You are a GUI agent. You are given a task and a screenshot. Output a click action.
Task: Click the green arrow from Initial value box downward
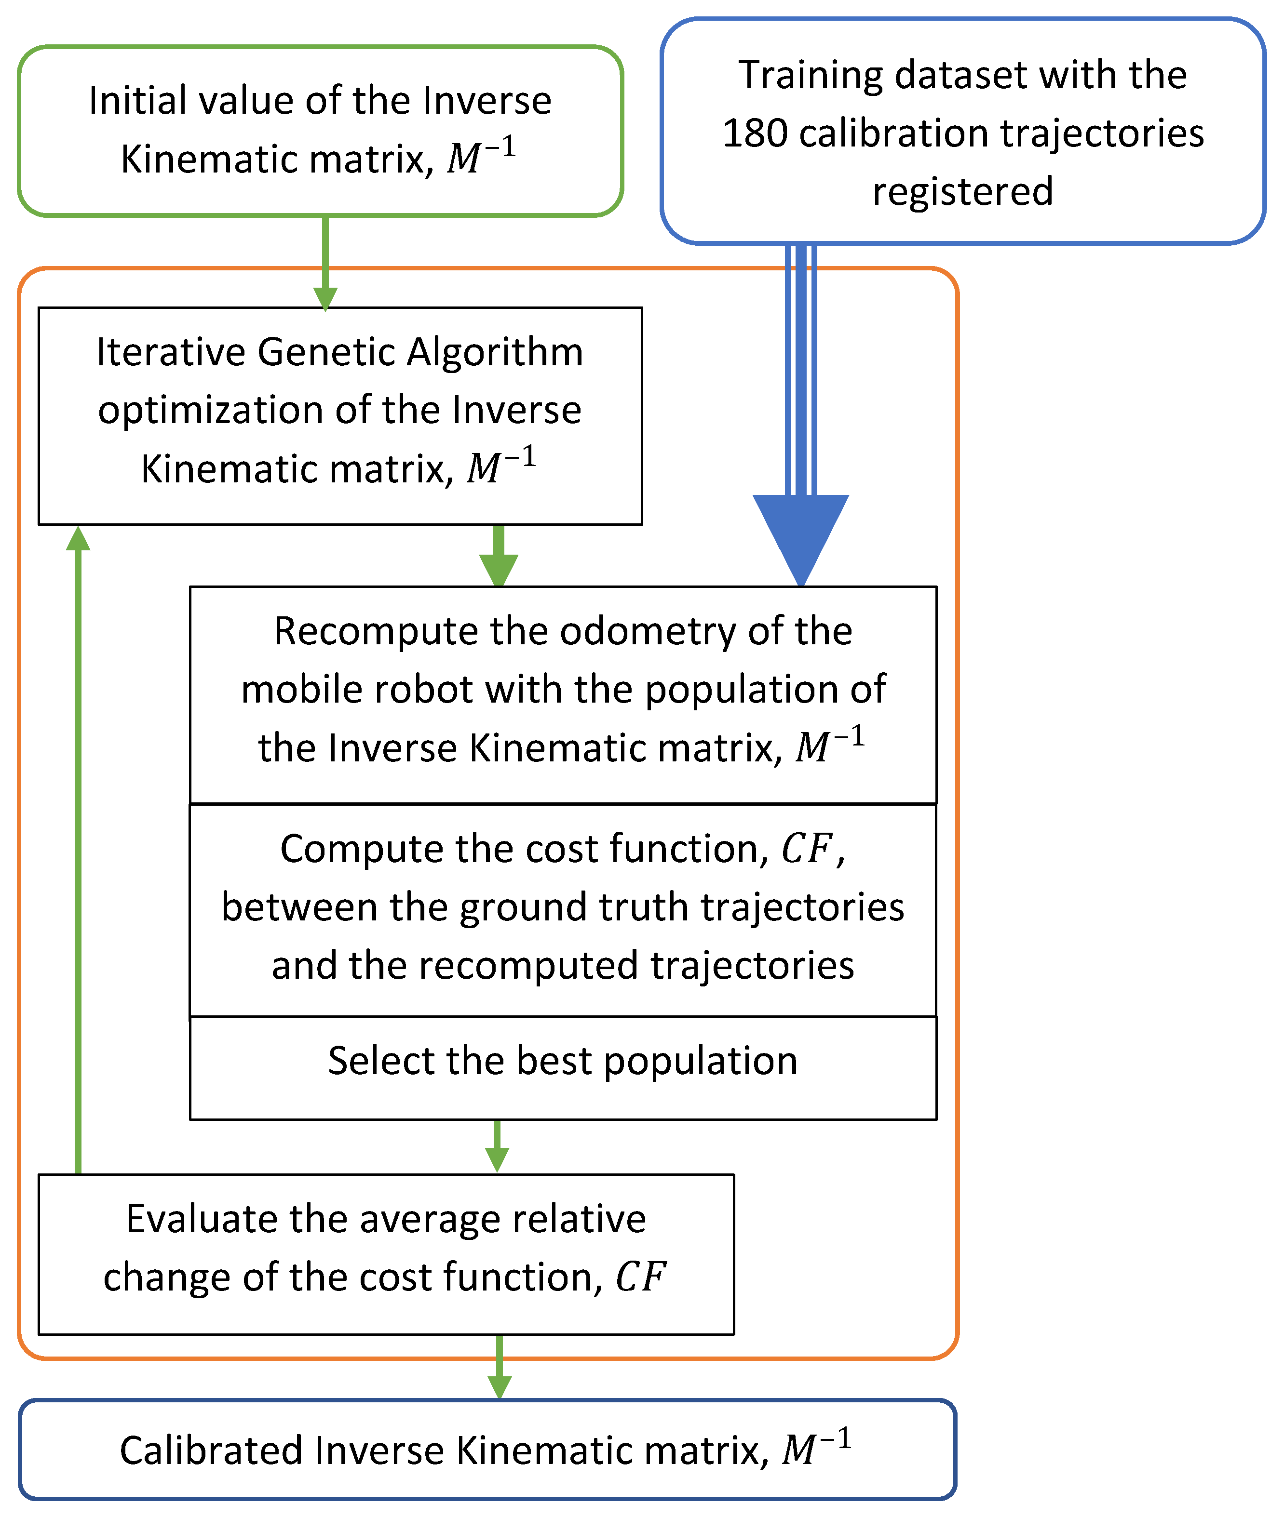point(325,262)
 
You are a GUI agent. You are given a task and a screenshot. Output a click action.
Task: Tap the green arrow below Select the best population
point(497,1145)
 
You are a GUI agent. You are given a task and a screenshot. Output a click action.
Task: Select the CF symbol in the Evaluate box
point(640,1277)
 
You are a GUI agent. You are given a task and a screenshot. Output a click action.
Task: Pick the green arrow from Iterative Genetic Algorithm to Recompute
point(499,555)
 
